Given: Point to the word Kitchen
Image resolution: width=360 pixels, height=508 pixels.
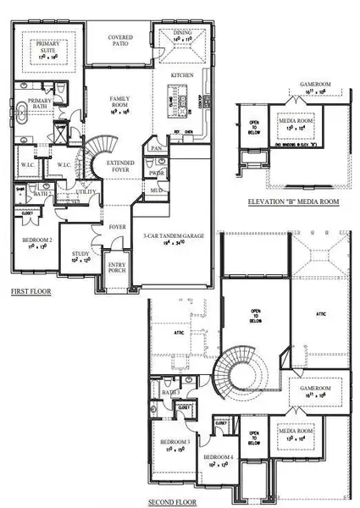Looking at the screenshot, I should [x=183, y=75].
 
